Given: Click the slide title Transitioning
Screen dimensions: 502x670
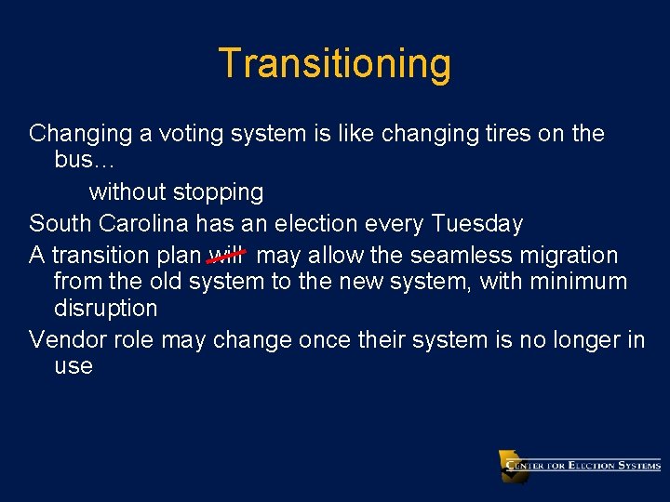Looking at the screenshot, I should pyautogui.click(x=335, y=64).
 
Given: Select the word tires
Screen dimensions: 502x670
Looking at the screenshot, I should pyautogui.click(x=508, y=134).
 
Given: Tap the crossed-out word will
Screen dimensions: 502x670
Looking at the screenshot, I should pyautogui.click(x=226, y=255).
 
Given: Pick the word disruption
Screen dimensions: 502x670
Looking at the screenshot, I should pyautogui.click(x=105, y=308).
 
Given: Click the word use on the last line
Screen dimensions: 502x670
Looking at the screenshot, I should pyautogui.click(x=74, y=366).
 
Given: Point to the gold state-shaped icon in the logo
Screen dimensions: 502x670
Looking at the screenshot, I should pyautogui.click(x=512, y=466).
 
